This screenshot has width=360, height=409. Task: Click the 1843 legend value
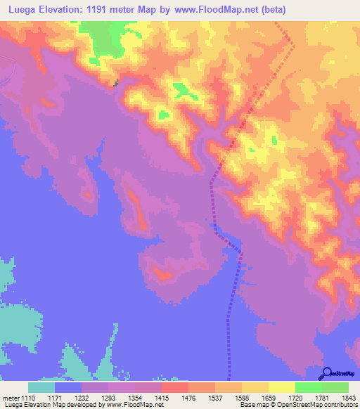point(348,398)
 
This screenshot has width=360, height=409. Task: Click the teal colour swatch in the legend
point(41,387)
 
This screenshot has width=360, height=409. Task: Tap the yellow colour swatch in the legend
point(281,387)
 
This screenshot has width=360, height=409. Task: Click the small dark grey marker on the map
point(117,84)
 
